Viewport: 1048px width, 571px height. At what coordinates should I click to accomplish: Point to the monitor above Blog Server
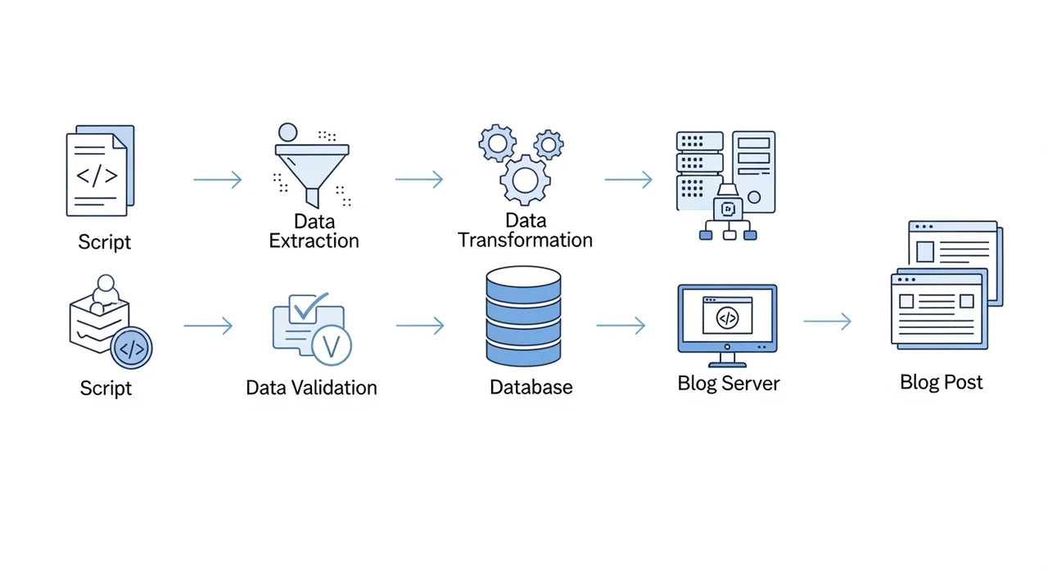coord(727,319)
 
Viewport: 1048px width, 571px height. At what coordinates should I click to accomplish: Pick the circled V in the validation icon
coord(332,345)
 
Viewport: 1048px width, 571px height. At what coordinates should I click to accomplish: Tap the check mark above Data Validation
coord(309,306)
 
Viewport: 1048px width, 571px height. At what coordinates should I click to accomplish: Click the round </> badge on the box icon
coord(131,348)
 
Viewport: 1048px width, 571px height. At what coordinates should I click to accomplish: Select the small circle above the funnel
coord(287,133)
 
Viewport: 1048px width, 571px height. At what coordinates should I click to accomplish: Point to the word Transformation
coord(525,240)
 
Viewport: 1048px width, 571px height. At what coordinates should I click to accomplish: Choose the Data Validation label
coord(311,387)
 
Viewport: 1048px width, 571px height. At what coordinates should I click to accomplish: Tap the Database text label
coord(531,387)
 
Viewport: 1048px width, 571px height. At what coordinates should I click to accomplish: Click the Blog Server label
coord(729,383)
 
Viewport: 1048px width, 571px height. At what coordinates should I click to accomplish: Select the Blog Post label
coord(942,382)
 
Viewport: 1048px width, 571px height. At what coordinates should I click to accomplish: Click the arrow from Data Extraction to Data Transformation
coord(418,179)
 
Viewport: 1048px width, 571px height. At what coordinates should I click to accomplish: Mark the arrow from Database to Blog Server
coord(620,326)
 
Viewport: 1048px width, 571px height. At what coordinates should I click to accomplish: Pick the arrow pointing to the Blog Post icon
coord(827,321)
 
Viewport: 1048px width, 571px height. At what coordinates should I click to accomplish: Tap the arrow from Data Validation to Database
coord(420,326)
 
